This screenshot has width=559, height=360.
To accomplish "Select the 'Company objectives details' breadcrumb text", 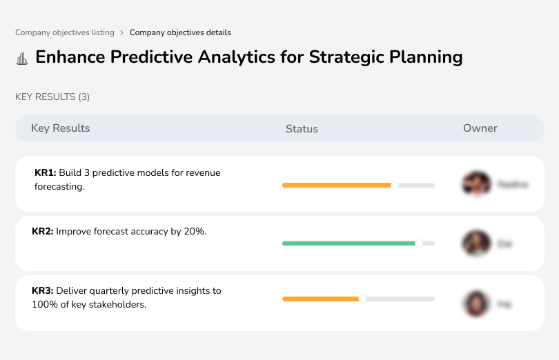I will (180, 32).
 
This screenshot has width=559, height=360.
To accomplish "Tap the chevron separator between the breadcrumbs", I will (121, 32).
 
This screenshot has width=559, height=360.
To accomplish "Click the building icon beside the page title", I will (22, 58).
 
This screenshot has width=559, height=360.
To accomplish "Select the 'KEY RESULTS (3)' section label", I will (52, 97).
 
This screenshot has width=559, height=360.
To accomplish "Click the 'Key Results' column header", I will (60, 128).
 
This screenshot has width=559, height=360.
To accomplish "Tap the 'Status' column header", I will (302, 129).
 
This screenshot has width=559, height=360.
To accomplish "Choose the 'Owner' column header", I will (480, 128).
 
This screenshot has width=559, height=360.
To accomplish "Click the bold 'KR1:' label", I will (45, 173).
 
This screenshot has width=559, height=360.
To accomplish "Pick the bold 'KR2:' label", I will (43, 232).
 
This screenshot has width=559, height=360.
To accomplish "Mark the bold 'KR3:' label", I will (43, 291).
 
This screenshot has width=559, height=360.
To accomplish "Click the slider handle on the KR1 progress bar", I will (395, 185).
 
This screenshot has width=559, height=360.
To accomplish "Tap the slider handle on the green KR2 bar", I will (418, 243).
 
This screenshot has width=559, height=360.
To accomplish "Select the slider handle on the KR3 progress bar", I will (362, 299).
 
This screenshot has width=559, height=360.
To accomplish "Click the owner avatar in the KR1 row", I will (475, 184).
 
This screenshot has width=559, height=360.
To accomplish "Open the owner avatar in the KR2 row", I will (475, 243).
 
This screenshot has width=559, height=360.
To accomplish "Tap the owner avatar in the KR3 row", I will (475, 303).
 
